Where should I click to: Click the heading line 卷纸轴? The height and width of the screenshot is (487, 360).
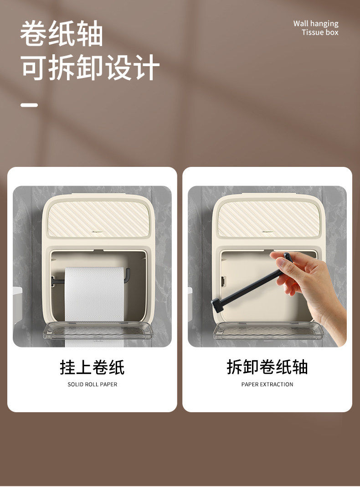pyautogui.click(x=62, y=34)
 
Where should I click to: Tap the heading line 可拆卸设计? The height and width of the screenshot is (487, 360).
pyautogui.click(x=90, y=67)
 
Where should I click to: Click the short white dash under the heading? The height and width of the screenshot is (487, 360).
pyautogui.click(x=29, y=105)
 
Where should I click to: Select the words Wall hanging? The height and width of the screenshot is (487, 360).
pyautogui.click(x=316, y=24)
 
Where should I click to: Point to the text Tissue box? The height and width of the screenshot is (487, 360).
pyautogui.click(x=320, y=32)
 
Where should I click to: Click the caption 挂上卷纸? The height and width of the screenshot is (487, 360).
pyautogui.click(x=92, y=367)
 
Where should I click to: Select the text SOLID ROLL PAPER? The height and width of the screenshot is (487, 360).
pyautogui.click(x=93, y=384)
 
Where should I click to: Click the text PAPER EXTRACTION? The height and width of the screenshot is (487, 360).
pyautogui.click(x=267, y=384)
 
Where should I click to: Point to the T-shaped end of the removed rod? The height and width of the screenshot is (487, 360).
pyautogui.click(x=218, y=304)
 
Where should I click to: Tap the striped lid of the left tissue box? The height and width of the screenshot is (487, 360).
pyautogui.click(x=99, y=219)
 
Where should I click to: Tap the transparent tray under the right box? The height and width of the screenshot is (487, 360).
pyautogui.click(x=269, y=331)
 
